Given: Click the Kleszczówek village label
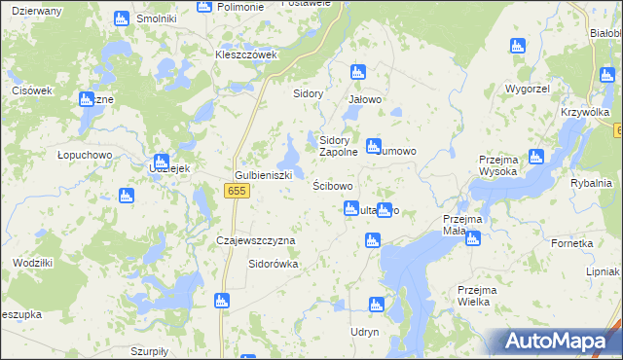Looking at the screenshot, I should pyautogui.click(x=246, y=54).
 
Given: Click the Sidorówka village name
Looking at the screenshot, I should pyautogui.click(x=274, y=263).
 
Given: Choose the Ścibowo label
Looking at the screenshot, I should pyautogui.click(x=332, y=185).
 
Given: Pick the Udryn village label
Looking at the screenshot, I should pyautogui.click(x=363, y=332).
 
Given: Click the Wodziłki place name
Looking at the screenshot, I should pyautogui.click(x=32, y=263).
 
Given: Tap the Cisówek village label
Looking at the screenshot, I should pyautogui.click(x=31, y=90).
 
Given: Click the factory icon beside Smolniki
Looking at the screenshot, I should pyautogui.click(x=122, y=18).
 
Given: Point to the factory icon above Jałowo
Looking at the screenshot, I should pyautogui.click(x=357, y=72).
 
